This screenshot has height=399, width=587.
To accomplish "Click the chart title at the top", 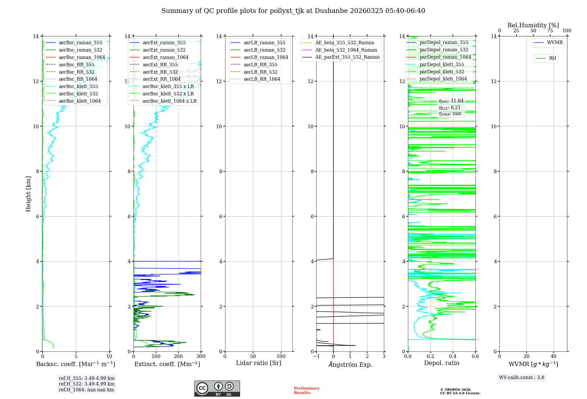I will point(293,11).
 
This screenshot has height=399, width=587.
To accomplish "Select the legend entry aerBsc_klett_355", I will point(78,87).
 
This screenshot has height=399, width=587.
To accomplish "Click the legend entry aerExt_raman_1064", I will point(165,58).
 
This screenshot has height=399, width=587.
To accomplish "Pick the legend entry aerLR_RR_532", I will point(260,72).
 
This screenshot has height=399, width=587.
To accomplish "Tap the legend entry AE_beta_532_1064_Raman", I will point(346,50).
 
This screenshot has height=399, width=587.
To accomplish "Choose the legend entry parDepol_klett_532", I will point(441,72).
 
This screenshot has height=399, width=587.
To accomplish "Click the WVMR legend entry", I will point(554,43).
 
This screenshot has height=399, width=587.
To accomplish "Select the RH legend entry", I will point(552,58).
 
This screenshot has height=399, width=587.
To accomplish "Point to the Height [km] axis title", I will point(28,194).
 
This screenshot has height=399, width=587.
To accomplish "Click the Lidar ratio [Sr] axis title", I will point(259,363).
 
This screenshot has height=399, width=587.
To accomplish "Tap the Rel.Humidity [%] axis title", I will point(533,25).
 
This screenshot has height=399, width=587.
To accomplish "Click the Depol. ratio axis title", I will point(441,363).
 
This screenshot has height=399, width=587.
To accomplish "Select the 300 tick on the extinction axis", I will point(201,356).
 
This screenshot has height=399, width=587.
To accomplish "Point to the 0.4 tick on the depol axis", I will point(453,356).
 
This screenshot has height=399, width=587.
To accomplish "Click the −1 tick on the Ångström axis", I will point(316,356).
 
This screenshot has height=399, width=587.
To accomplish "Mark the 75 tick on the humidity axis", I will point(550,31).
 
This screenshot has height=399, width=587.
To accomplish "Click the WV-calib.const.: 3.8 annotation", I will point(522,378).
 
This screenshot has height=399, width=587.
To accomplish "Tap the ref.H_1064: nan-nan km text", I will point(86,390).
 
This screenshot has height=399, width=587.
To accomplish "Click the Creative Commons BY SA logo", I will point(217,389).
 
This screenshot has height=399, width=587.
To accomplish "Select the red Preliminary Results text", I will point(306,390).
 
